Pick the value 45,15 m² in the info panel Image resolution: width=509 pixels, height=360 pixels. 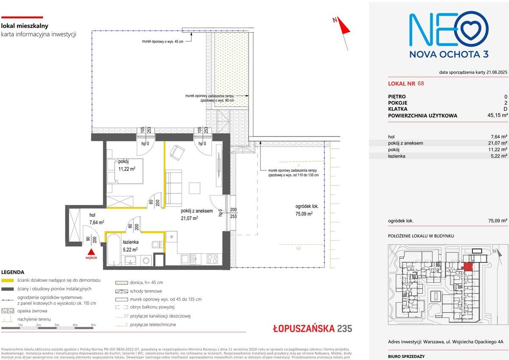click(497, 115)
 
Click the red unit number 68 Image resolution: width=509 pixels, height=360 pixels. click(421, 84)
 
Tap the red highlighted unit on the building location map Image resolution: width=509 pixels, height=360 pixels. click(467, 266)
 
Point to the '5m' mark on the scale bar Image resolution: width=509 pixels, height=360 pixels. click(93, 325)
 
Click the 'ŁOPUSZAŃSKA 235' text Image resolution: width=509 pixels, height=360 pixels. click(312, 328)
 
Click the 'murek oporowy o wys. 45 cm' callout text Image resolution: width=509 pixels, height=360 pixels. click(163, 42)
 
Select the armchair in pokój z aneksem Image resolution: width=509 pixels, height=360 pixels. click(177, 152)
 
